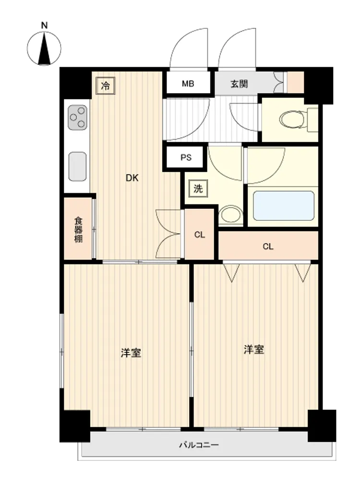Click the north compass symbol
[x=44, y=48]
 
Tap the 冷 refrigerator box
[x=105, y=85]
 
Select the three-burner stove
[x=77, y=117]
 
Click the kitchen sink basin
[x=77, y=167]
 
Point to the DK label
[x=132, y=178]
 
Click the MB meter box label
[x=188, y=84]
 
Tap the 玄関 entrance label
[x=239, y=84]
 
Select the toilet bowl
[x=292, y=119]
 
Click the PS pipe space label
[x=186, y=157]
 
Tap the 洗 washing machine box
[x=198, y=189]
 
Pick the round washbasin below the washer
[x=231, y=214]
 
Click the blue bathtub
[x=284, y=206]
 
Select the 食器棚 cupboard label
[x=78, y=229]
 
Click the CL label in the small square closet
[x=200, y=235]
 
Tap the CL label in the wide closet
[x=268, y=246]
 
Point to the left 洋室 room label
[x=131, y=353]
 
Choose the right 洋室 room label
[x=254, y=349]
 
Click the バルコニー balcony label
[x=199, y=444]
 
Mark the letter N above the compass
[x=44, y=25]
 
